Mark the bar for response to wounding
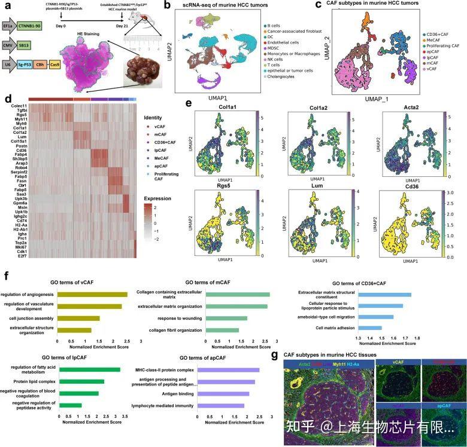tap(226, 318)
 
